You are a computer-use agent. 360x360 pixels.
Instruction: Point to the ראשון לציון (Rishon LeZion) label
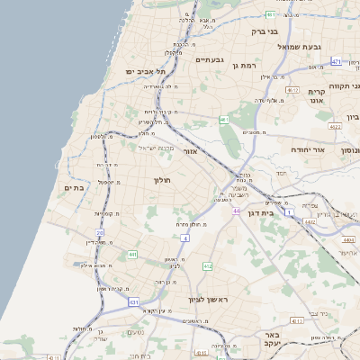[209, 299]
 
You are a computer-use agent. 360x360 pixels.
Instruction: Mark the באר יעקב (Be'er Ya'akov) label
[274, 337]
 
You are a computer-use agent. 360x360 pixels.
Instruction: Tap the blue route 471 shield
[336, 62]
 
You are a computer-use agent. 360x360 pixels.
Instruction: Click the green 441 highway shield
[132, 255]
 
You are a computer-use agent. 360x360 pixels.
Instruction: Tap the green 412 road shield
[208, 266]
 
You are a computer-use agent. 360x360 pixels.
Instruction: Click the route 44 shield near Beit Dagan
[235, 211]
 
